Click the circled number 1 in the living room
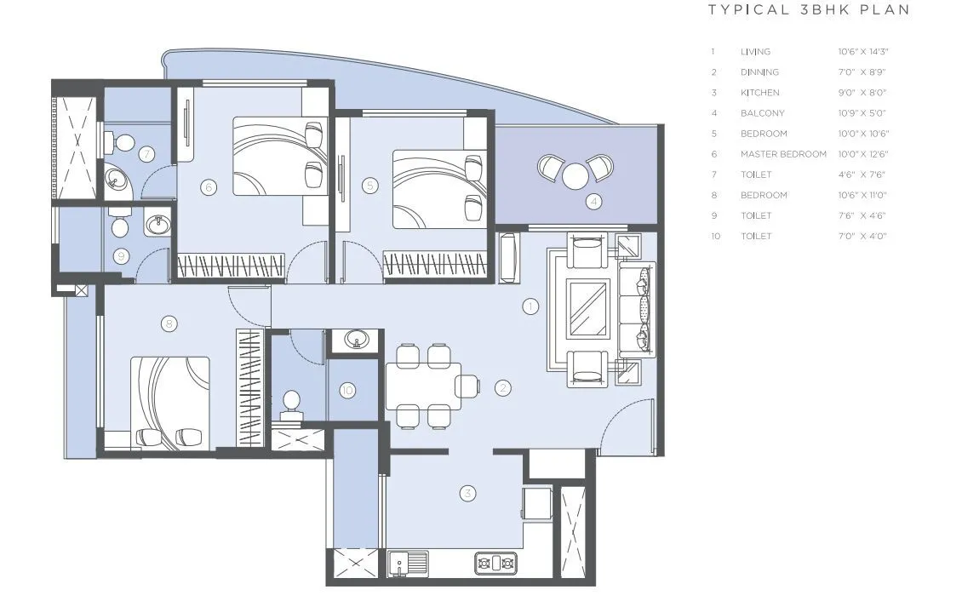530,306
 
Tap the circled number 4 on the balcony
594,202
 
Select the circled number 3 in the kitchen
467,493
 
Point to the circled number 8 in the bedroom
169,323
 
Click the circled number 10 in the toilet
346,391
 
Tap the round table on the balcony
576,176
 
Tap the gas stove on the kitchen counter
496,563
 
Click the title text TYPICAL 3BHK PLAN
809,10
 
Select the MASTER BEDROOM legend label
783,154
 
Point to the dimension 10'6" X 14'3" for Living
862,52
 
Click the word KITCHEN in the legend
759,93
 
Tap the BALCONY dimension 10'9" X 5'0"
862,113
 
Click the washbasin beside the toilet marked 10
356,341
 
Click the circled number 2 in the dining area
503,388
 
